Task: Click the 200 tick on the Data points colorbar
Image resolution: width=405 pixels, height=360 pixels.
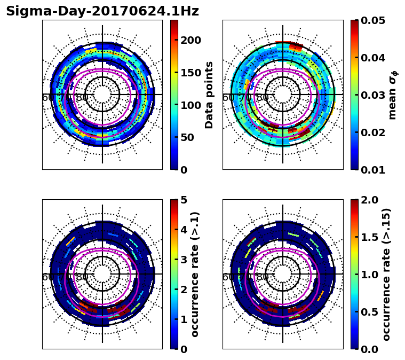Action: pyautogui.click(x=190, y=41)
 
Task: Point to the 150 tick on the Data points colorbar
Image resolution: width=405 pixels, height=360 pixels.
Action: pyautogui.click(x=190, y=73)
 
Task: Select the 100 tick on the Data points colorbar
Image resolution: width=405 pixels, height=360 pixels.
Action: pyautogui.click(x=190, y=105)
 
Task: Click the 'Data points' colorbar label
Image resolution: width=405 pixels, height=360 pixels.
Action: pyautogui.click(x=209, y=95)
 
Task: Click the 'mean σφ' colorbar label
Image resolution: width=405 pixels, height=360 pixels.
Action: pyautogui.click(x=393, y=95)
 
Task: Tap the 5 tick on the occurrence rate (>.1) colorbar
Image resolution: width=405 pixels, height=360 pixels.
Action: pyautogui.click(x=183, y=200)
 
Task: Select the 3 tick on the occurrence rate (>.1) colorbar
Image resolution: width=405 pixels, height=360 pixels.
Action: pyautogui.click(x=183, y=260)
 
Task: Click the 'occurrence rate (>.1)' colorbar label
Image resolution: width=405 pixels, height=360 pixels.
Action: pyautogui.click(x=195, y=275)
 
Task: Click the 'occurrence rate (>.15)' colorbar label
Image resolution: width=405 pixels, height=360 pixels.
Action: pyautogui.click(x=387, y=275)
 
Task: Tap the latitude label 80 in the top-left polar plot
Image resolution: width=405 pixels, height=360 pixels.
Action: pyautogui.click(x=82, y=98)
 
